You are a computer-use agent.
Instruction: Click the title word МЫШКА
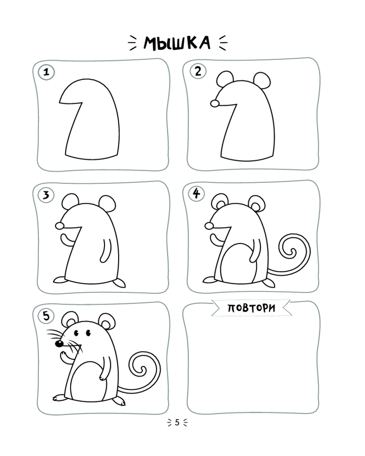[177, 43]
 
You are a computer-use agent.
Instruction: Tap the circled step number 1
[46, 72]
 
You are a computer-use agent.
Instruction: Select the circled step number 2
[198, 71]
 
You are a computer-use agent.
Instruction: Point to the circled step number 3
[46, 195]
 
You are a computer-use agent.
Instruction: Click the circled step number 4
[197, 193]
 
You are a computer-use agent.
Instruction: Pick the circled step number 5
[47, 316]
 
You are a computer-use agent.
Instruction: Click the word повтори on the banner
[251, 308]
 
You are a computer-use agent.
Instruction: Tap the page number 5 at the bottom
[177, 422]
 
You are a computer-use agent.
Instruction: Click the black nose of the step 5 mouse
[59, 344]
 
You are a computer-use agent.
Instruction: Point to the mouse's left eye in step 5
[77, 333]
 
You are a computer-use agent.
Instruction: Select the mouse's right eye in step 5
[88, 333]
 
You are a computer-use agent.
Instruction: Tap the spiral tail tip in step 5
[143, 370]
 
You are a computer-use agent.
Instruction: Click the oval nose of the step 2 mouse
[215, 103]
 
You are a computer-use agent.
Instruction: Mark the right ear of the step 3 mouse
[107, 203]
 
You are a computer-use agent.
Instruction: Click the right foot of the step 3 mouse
[120, 283]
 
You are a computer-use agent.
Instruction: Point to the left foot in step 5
[60, 398]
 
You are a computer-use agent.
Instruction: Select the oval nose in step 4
[209, 226]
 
